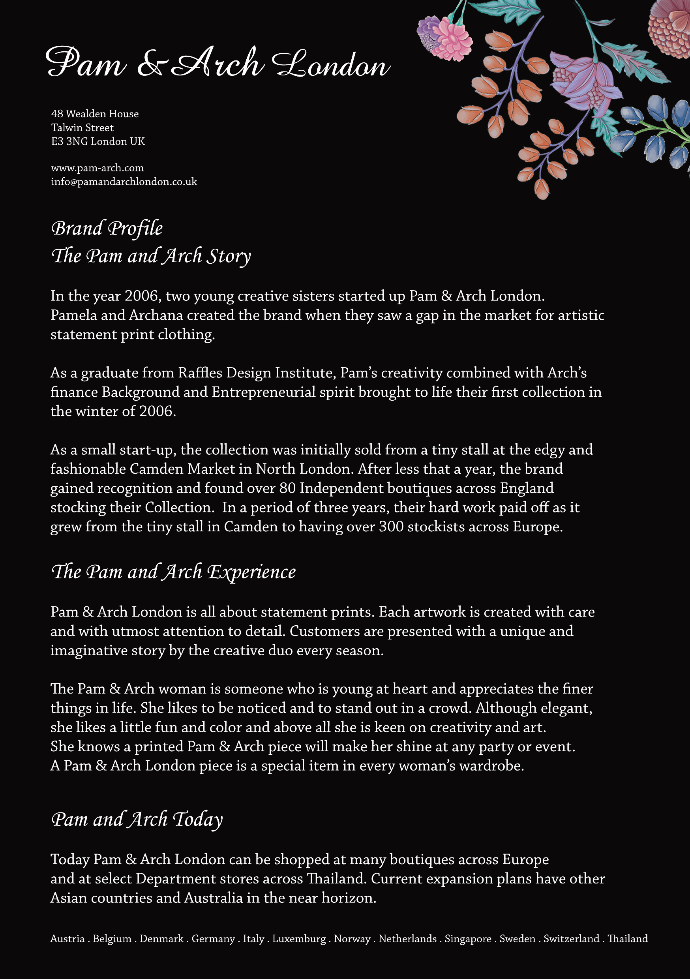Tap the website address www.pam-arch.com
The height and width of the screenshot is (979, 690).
tap(97, 168)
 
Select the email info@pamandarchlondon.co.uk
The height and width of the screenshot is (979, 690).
tap(124, 182)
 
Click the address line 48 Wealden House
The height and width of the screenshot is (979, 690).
tap(95, 114)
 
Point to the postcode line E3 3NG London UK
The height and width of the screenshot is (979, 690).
tap(97, 141)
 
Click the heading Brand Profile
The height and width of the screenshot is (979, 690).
tap(107, 229)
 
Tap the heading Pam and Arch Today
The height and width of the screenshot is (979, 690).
tap(137, 820)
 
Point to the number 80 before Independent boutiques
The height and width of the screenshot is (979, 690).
tap(287, 488)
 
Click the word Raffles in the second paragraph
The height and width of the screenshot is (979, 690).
tap(200, 373)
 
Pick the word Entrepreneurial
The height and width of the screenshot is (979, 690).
tap(263, 392)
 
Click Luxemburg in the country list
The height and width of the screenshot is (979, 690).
tap(298, 939)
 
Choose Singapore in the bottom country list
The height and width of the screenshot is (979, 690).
tap(468, 939)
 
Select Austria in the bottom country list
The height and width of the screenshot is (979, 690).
tap(67, 939)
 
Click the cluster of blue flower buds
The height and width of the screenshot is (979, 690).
tap(657, 128)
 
